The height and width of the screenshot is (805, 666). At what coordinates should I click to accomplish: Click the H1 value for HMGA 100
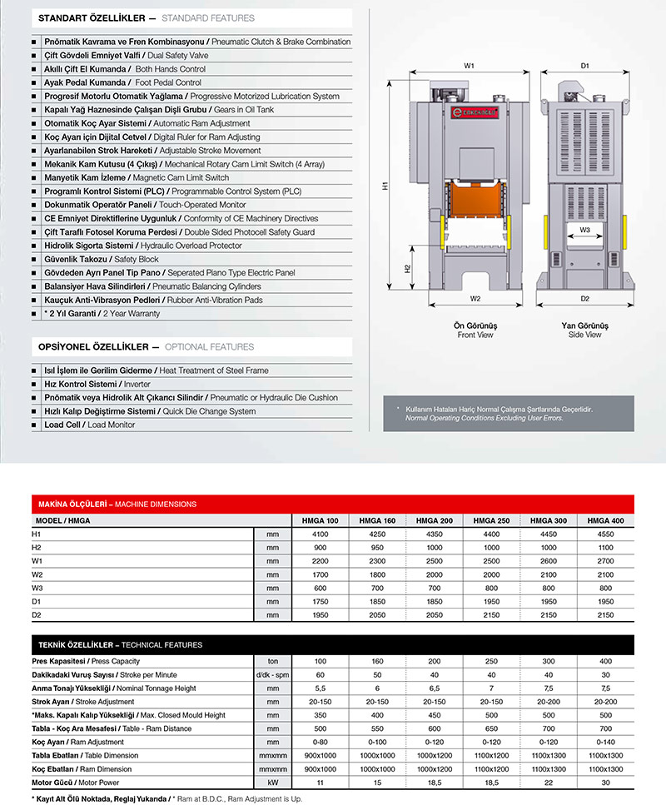click(x=320, y=534)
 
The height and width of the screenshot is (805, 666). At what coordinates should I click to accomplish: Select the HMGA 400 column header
click(x=605, y=520)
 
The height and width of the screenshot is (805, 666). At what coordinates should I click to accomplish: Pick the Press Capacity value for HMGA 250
click(x=491, y=660)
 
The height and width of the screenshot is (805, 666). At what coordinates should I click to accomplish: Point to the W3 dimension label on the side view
click(x=585, y=230)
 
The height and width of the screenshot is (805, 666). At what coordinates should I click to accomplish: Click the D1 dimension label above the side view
click(x=585, y=65)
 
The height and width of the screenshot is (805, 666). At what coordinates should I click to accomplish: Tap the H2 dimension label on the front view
click(x=407, y=269)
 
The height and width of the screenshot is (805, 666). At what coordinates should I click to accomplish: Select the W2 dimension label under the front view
click(x=475, y=297)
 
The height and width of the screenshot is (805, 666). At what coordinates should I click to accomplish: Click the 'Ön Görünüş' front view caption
click(x=475, y=325)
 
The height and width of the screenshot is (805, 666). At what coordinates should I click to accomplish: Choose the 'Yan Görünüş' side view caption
click(x=585, y=325)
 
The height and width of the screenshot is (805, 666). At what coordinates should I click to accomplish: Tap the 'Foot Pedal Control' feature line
click(x=122, y=82)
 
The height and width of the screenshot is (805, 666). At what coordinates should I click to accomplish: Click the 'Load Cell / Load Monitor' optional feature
click(x=89, y=425)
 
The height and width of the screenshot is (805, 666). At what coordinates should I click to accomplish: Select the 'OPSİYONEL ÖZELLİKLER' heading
click(x=93, y=346)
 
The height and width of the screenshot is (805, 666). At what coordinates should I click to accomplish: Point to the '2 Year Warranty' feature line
click(x=102, y=314)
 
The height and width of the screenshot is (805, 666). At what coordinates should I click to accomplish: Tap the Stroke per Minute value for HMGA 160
click(x=377, y=673)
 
